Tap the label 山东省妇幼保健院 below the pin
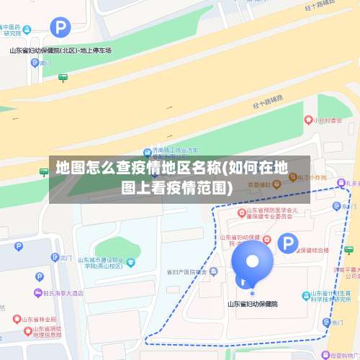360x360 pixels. point(252,303)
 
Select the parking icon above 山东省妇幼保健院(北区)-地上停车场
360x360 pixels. point(60,29)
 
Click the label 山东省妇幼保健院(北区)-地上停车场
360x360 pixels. point(60,50)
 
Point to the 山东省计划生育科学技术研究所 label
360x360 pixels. point(330,297)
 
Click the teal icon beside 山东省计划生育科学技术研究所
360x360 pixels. point(306,294)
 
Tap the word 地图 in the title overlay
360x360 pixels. point(70,168)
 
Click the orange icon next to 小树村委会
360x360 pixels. point(308,120)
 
